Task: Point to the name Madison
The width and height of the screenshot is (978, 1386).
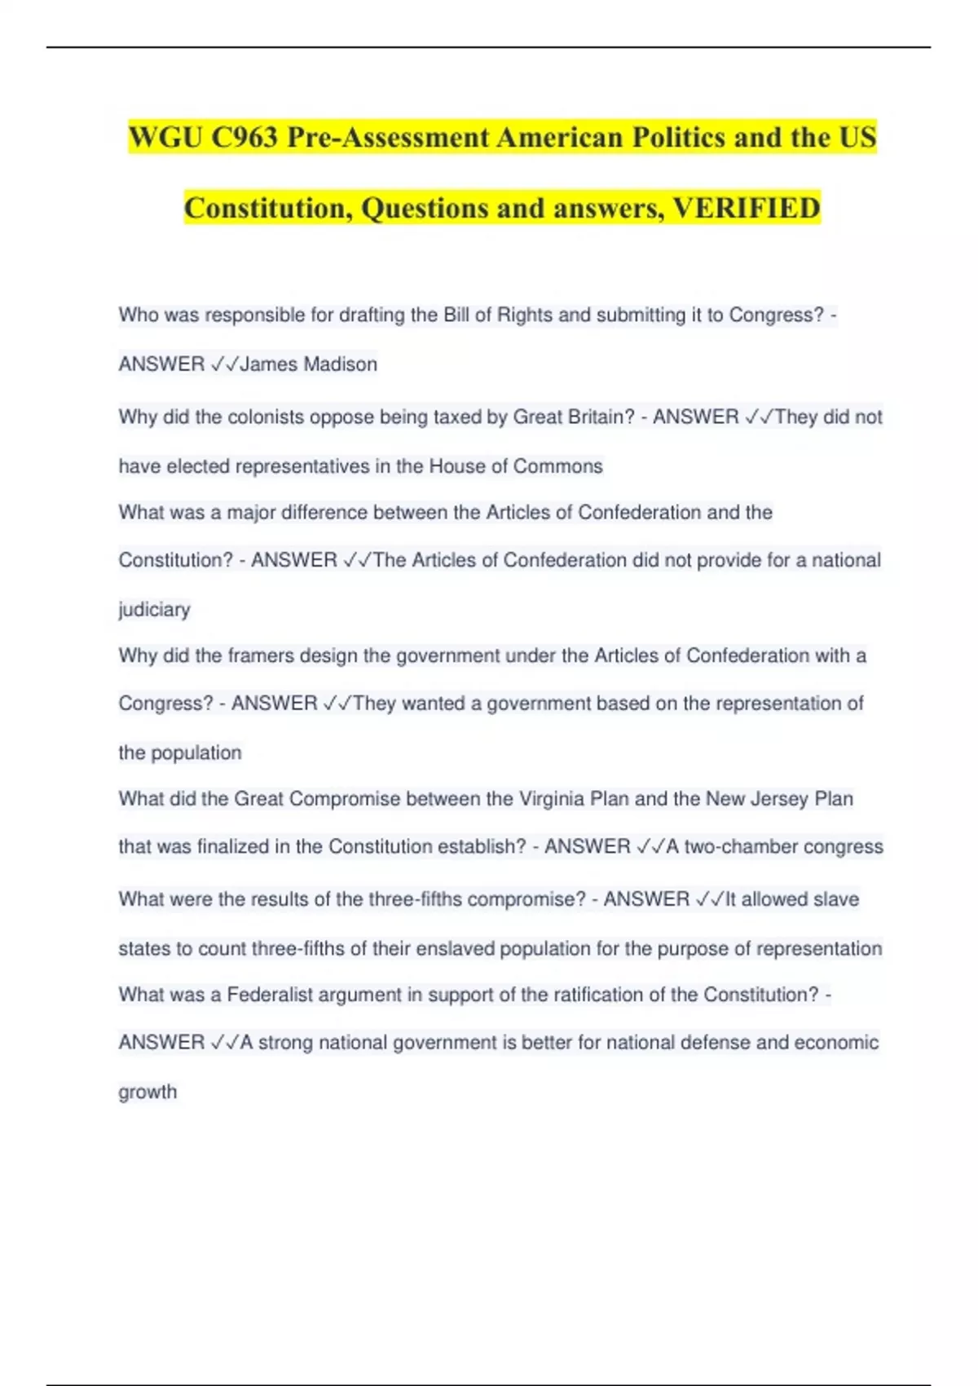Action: coord(339,364)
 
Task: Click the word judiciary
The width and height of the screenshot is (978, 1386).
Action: coord(154,609)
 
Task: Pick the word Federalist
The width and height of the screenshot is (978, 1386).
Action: coord(270,995)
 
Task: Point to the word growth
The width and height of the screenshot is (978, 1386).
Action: coord(148,1092)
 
